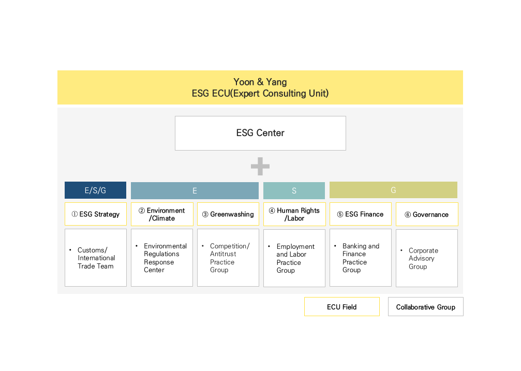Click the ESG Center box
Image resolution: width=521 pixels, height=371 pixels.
(x=260, y=133)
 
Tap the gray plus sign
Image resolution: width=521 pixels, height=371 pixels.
(x=260, y=166)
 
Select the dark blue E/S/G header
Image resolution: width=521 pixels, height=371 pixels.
(x=95, y=190)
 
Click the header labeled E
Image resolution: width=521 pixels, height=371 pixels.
(x=195, y=190)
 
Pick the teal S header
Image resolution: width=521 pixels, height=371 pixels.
(x=294, y=190)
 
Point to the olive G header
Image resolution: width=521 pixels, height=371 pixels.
(x=393, y=190)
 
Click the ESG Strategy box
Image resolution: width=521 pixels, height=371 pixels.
(x=96, y=214)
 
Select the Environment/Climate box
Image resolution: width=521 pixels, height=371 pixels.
(x=162, y=214)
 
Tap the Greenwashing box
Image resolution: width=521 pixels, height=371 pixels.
(x=228, y=214)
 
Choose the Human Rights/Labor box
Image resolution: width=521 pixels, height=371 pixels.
(x=294, y=214)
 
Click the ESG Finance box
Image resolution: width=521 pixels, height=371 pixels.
(x=361, y=214)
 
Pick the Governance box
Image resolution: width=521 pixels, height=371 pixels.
(x=427, y=214)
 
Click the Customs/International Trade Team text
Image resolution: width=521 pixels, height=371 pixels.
(x=96, y=258)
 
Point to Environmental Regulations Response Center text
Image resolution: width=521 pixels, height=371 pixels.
(x=165, y=258)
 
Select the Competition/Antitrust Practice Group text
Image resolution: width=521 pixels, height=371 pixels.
(x=230, y=258)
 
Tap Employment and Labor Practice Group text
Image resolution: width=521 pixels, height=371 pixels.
(x=295, y=258)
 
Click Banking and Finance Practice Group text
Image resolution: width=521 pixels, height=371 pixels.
(x=361, y=258)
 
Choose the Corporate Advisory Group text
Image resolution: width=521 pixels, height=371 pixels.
(x=423, y=258)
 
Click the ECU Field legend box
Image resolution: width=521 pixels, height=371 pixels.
(x=342, y=306)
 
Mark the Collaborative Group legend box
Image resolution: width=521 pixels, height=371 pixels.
(x=426, y=306)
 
